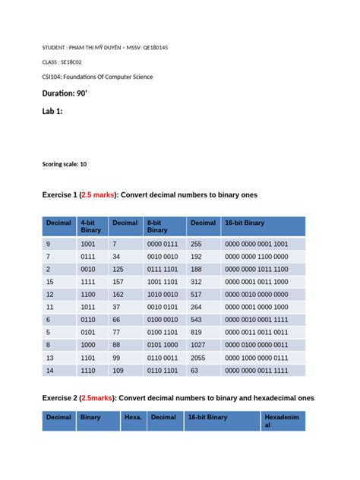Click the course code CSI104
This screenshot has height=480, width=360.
[x=52, y=77]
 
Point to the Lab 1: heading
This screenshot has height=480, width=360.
[x=52, y=111]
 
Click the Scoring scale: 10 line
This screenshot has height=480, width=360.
[x=65, y=164]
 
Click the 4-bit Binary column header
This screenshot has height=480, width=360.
[x=90, y=226]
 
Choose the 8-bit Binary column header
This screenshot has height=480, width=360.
[x=157, y=226]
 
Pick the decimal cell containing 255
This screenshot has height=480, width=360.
[x=197, y=244]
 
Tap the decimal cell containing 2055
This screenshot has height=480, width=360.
[x=198, y=357]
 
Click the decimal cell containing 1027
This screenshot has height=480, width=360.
[x=198, y=344]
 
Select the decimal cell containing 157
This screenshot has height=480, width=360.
[x=118, y=281]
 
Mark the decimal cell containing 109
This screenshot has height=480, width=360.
[x=118, y=370]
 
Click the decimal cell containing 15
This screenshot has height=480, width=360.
[x=49, y=281]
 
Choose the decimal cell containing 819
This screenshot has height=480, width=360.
[x=197, y=332]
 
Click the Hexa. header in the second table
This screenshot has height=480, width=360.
[x=133, y=417]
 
